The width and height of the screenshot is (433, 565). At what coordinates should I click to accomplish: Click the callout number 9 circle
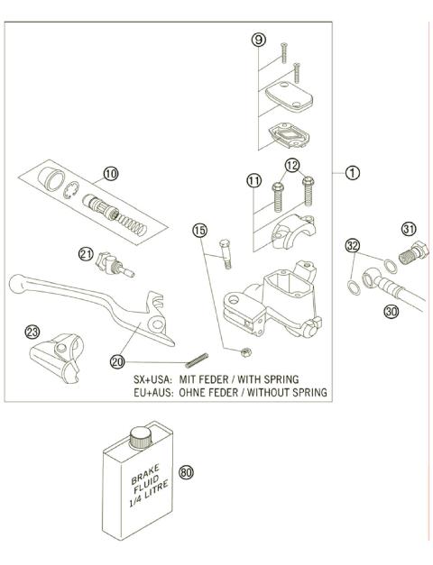point(259,40)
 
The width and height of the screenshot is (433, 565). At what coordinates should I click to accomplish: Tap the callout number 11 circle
point(255,180)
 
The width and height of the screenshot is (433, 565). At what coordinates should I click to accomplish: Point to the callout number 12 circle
point(291,165)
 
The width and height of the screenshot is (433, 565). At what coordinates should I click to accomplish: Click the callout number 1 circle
point(354,172)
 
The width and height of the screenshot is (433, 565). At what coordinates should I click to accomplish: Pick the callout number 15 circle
point(199,232)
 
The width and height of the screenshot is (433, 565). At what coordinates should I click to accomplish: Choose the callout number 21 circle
point(86,255)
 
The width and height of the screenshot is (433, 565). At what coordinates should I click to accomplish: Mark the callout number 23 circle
point(33,332)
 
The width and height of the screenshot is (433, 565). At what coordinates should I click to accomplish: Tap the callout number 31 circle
point(410,227)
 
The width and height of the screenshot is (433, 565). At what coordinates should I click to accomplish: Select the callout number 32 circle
point(352,245)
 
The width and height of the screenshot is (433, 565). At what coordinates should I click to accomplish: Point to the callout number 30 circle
point(391,311)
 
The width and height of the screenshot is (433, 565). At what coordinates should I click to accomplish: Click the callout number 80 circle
point(187,470)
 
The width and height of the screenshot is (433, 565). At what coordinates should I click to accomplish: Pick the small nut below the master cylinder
point(245,351)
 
